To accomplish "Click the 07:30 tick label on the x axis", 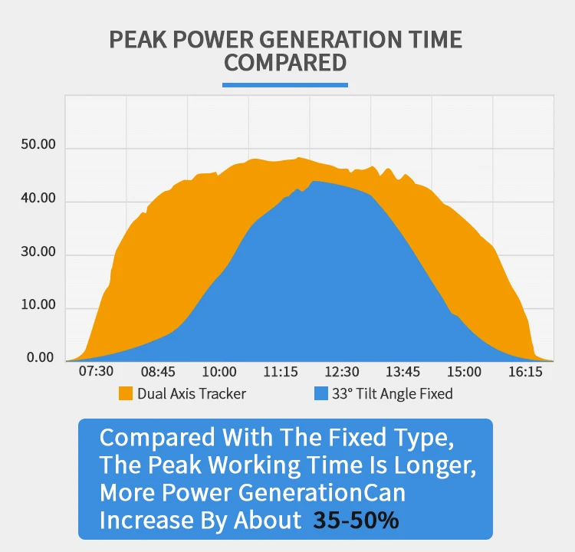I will (97, 372).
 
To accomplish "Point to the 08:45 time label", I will (158, 372).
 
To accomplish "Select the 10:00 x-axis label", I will (219, 372).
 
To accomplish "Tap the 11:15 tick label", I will (281, 372).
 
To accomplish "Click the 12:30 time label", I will (342, 372).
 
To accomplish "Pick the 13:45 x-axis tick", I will (402, 372).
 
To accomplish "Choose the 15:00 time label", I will (464, 372).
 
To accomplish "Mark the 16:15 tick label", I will (525, 372).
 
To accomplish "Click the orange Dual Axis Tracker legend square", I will (126, 394).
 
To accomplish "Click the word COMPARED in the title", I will (285, 62).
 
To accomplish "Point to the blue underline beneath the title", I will (285, 84).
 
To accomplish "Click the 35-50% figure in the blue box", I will (356, 521).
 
